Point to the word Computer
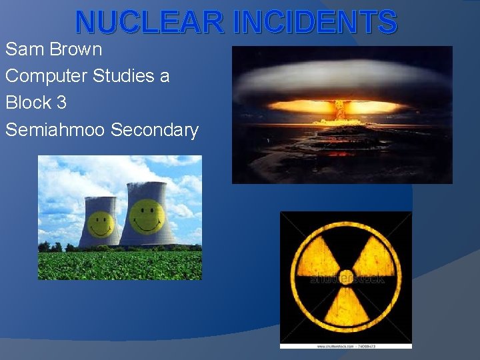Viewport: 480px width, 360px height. (x=45, y=77)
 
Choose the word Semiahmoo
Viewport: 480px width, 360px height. (x=55, y=130)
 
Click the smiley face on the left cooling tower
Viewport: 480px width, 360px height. (x=101, y=223)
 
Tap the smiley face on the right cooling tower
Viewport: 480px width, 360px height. (x=147, y=216)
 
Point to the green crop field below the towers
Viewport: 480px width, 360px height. (x=120, y=265)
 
